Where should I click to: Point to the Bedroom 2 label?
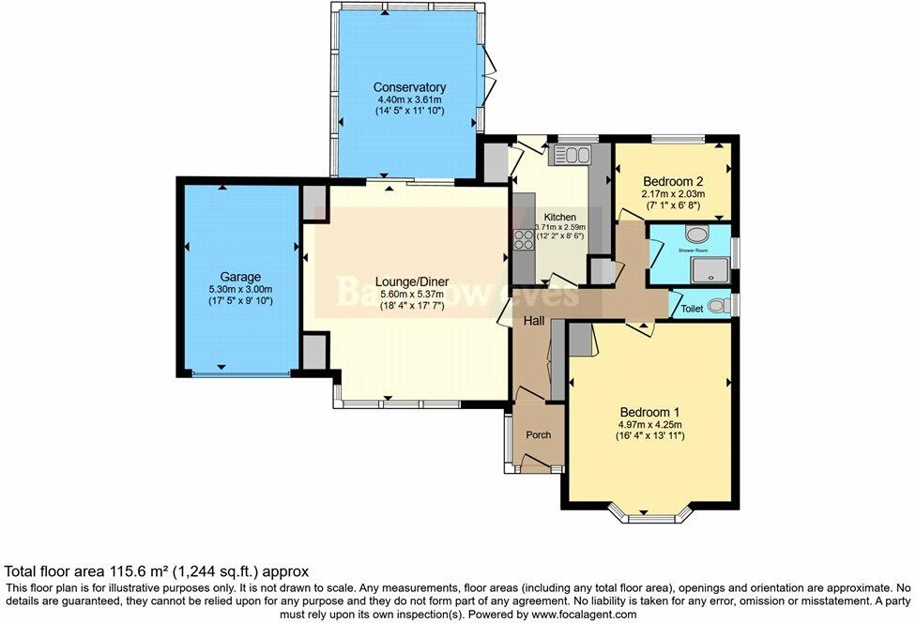(673, 181)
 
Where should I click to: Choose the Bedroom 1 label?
(649, 412)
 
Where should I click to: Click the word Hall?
(534, 320)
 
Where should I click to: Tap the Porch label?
(538, 434)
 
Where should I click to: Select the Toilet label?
(692, 307)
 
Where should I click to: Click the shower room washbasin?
(698, 235)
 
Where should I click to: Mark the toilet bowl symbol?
(718, 305)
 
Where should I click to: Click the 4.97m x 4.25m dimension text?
(649, 424)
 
